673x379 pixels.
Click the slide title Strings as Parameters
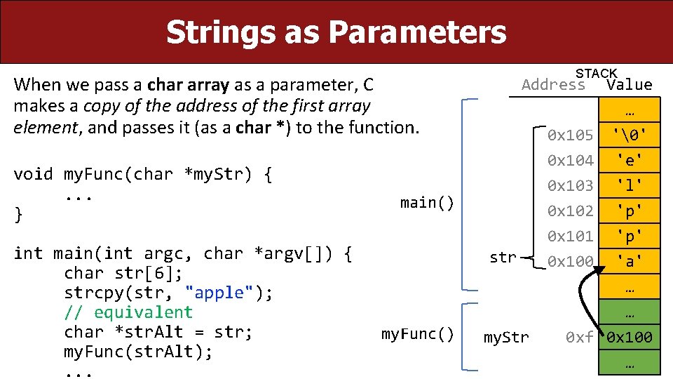[x=336, y=32]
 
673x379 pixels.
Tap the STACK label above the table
[x=596, y=74]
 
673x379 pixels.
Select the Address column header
[x=553, y=86]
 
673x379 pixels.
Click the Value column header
[x=629, y=86]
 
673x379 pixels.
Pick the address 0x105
[x=570, y=135]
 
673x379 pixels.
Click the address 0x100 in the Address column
[x=570, y=261]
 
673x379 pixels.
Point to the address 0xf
[x=579, y=338]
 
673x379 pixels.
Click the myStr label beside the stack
[x=506, y=338]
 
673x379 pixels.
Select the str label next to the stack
[x=502, y=258]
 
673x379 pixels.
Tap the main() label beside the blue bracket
[x=427, y=203]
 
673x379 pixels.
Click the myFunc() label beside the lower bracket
[x=418, y=333]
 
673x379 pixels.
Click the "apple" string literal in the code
[x=224, y=293]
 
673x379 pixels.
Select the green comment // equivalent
[x=128, y=312]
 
